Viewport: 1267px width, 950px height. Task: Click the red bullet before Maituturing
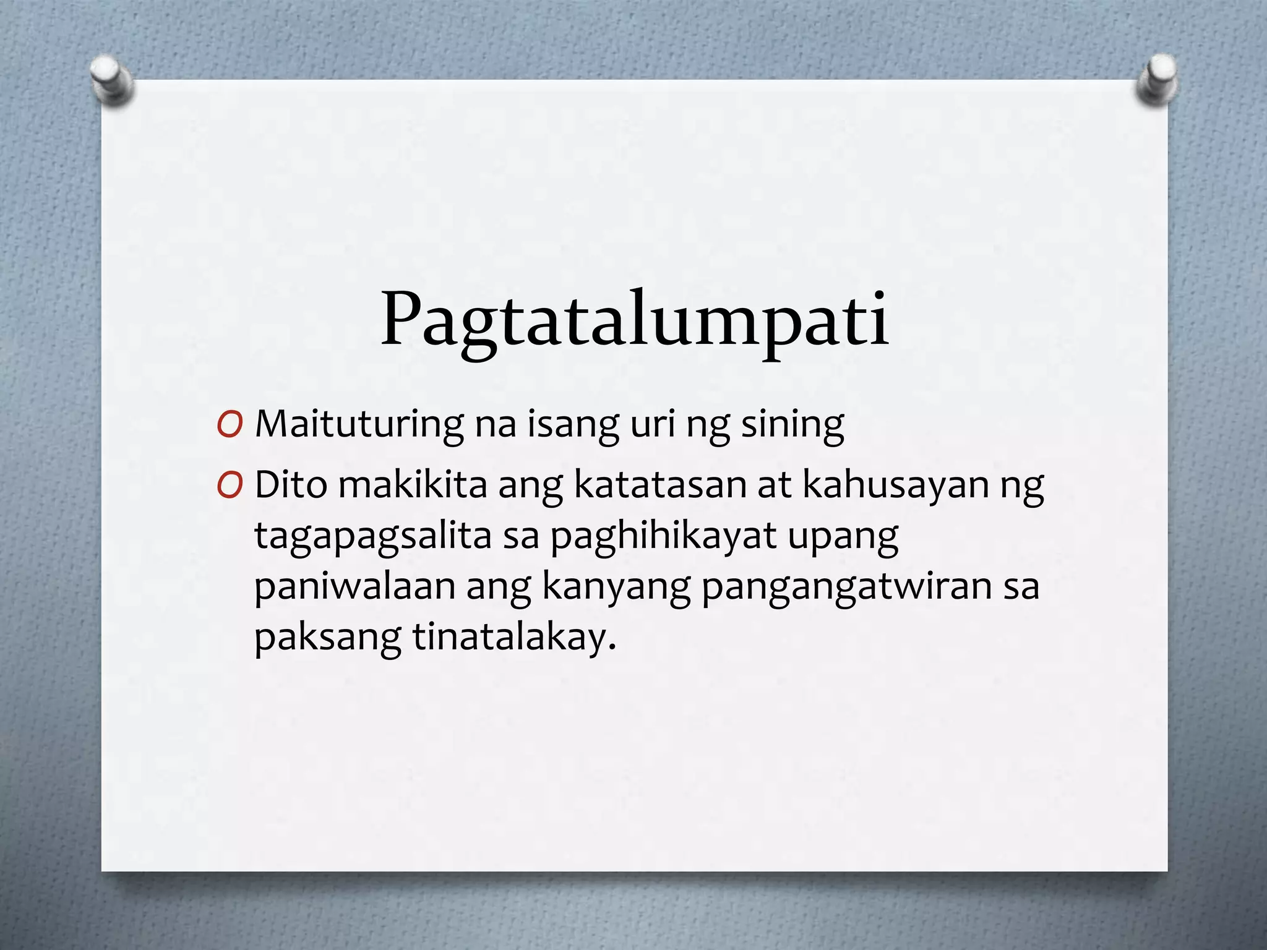[x=230, y=426]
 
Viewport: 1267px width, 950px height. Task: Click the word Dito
[x=291, y=485]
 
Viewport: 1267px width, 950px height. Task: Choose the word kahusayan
[x=895, y=485]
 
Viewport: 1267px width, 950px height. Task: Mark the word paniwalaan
[x=354, y=586]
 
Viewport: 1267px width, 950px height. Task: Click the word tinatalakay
[x=515, y=637]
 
